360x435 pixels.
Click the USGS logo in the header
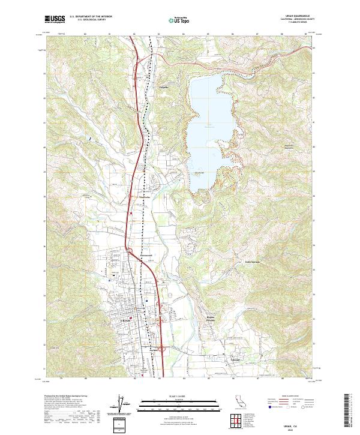[55, 19]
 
